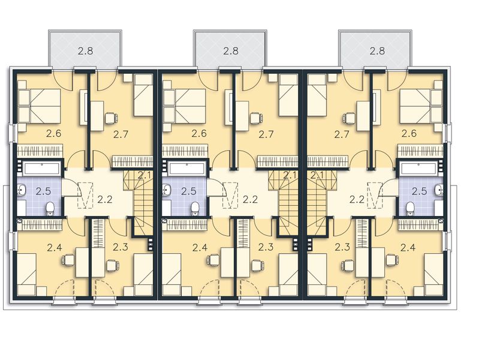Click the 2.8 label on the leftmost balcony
[85, 51]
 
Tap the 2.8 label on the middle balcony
[231, 51]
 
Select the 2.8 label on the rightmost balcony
[376, 51]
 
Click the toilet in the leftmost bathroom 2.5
[50, 208]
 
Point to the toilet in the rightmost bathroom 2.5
[411, 208]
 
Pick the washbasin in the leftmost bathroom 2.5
[22, 190]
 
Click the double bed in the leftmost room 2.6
[39, 106]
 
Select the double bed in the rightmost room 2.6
[422, 106]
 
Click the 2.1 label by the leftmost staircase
[144, 175]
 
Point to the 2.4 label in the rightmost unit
[408, 247]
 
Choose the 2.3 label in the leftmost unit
[120, 247]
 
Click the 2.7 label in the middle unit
[266, 134]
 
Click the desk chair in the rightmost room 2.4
[391, 259]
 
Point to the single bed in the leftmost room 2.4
[26, 274]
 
